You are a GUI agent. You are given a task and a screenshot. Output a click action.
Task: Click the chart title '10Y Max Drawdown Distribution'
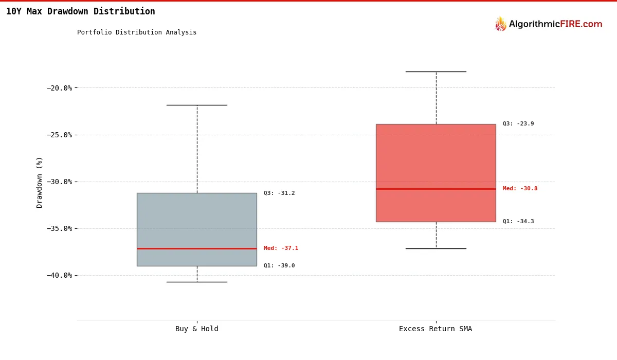click(x=80, y=11)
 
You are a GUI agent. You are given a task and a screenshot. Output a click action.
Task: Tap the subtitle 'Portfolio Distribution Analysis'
click(x=137, y=32)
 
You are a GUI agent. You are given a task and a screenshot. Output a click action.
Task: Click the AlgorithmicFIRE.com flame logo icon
click(x=500, y=24)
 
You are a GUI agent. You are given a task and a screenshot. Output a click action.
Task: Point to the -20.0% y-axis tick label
click(x=59, y=88)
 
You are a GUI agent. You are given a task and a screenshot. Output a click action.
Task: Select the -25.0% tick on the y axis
click(x=59, y=135)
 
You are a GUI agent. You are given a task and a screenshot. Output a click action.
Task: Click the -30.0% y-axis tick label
click(x=59, y=182)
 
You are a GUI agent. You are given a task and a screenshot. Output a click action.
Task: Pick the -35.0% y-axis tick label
click(x=59, y=228)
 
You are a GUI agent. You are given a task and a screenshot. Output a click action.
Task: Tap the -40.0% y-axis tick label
click(x=59, y=275)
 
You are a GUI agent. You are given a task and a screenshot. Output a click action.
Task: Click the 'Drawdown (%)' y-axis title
click(x=40, y=182)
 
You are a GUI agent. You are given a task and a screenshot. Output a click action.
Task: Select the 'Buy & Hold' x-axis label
click(x=196, y=329)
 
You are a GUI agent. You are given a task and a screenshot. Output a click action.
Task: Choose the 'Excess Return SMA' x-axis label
click(x=435, y=329)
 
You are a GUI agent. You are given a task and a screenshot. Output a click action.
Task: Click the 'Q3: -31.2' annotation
click(x=279, y=193)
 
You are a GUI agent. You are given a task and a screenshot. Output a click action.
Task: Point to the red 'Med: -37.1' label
click(x=281, y=248)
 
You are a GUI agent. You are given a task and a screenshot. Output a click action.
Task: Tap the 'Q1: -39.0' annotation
click(x=279, y=266)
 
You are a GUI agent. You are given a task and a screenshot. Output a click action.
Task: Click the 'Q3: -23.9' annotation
click(x=518, y=124)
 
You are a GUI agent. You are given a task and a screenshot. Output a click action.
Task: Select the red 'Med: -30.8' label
click(x=520, y=189)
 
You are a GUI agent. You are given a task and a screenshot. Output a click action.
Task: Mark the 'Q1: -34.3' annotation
click(x=518, y=222)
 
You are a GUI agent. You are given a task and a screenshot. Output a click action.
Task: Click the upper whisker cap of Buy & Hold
click(x=196, y=105)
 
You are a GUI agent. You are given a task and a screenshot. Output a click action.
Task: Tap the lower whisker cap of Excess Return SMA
click(x=435, y=248)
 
